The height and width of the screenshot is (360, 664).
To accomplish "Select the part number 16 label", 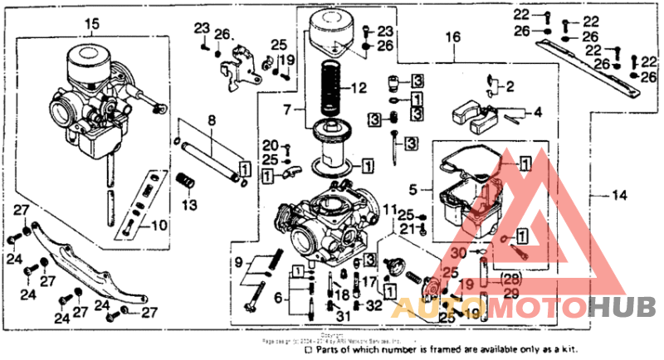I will pos(452,38).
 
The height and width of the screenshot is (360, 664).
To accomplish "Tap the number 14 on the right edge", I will pos(620,196).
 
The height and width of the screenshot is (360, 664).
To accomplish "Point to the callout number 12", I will pos(358,87).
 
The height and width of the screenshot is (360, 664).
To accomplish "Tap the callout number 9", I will pos(240,263).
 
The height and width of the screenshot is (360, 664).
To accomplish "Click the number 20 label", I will pos(271,145).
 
